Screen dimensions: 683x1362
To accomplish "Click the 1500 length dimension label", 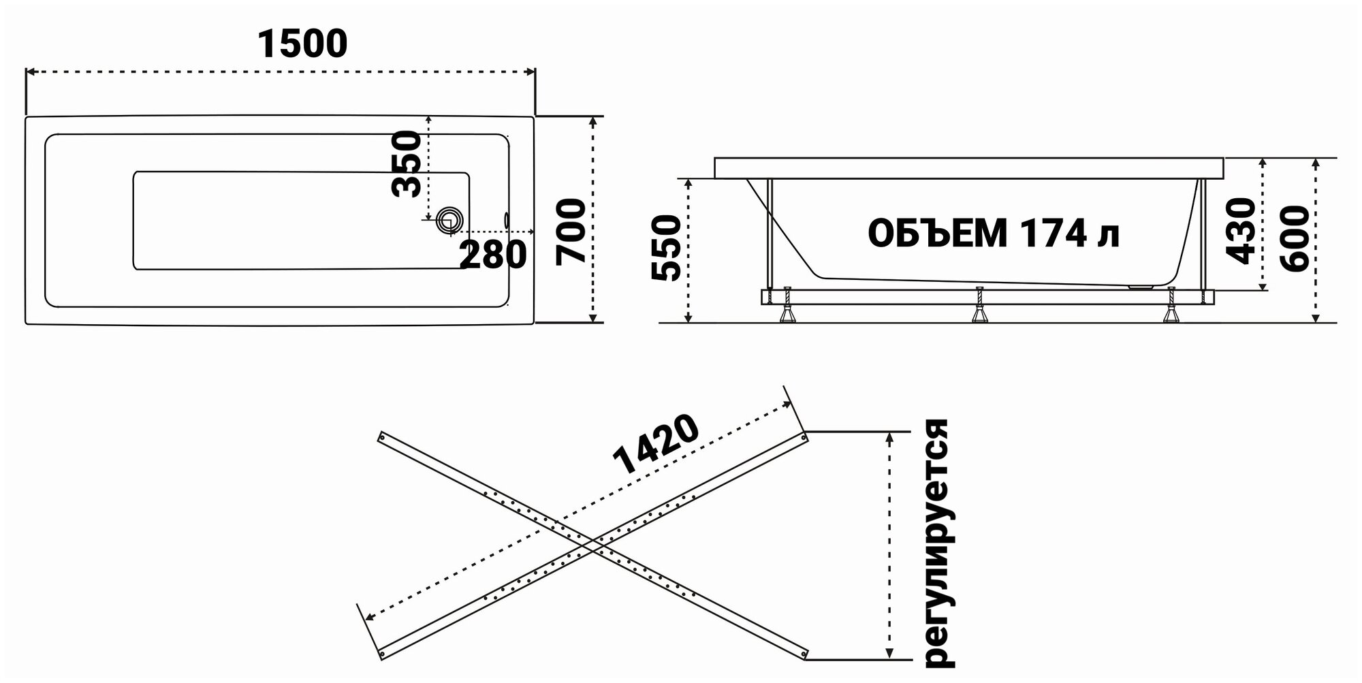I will pos(302,44).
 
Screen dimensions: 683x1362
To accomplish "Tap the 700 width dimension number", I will pos(571,231).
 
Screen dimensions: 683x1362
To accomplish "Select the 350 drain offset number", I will pos(407,164).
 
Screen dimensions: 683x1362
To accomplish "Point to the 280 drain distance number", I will pos(493,255).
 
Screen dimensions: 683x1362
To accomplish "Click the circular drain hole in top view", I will pos(450,220).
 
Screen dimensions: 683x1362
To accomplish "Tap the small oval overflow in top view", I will pos(506,219).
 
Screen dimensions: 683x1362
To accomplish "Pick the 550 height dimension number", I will pos(666,248).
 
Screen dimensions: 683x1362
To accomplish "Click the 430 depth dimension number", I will pos(1240,231).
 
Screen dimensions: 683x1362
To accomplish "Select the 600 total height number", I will pos(1295,239).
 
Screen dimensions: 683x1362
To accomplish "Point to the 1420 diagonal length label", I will pos(655,445).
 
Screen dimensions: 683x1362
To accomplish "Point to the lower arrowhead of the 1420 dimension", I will pos(368,617).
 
